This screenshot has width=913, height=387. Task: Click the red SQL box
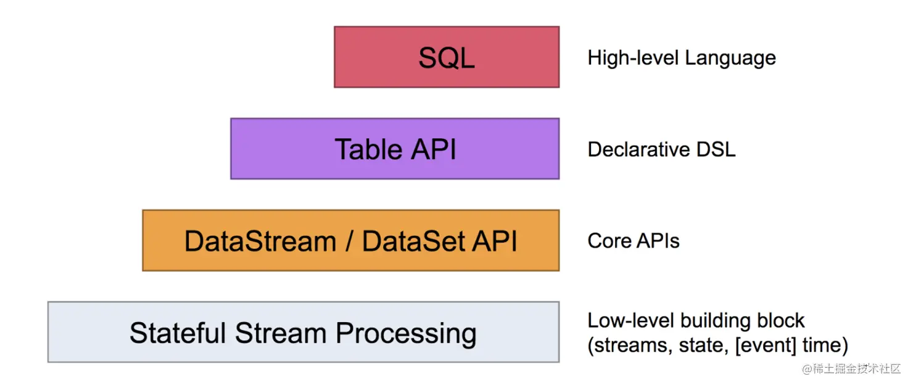click(447, 57)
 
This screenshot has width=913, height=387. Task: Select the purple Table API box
click(395, 149)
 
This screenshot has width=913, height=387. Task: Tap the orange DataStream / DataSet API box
click(351, 241)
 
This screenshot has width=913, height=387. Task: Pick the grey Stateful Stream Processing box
click(304, 332)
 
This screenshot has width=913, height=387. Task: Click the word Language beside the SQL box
click(730, 58)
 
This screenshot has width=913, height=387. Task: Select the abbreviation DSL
click(716, 149)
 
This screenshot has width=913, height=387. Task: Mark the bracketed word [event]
click(766, 346)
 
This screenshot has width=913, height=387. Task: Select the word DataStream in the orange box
click(260, 241)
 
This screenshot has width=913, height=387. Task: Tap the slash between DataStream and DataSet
click(349, 241)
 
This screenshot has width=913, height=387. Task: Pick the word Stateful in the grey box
click(178, 333)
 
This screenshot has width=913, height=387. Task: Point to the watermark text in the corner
click(851, 369)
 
